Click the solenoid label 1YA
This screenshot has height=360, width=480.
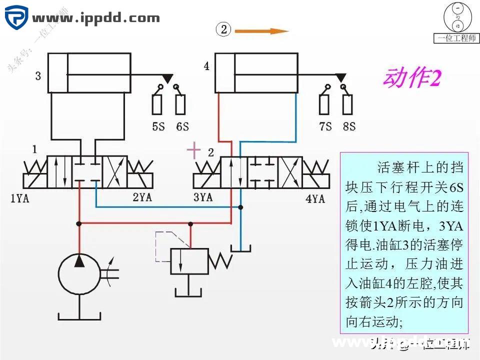point(19,198)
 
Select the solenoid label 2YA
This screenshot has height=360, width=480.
point(142,197)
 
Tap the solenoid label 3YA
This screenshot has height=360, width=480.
point(203,197)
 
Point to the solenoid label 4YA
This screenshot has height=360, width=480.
point(315,199)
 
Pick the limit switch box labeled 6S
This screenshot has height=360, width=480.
point(180,103)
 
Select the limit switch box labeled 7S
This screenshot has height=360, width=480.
point(325,103)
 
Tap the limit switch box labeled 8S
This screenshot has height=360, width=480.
point(348,103)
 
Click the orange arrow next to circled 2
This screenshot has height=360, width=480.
point(261,31)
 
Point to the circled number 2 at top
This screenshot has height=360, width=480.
point(223,29)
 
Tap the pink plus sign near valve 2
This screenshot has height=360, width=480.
point(193,150)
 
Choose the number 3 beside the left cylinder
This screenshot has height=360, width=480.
point(38,76)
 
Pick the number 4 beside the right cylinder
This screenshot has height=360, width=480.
point(206,66)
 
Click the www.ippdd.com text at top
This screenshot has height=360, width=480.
point(96,19)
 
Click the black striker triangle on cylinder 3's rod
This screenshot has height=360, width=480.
point(167,78)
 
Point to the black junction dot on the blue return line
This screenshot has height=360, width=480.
point(240,207)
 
